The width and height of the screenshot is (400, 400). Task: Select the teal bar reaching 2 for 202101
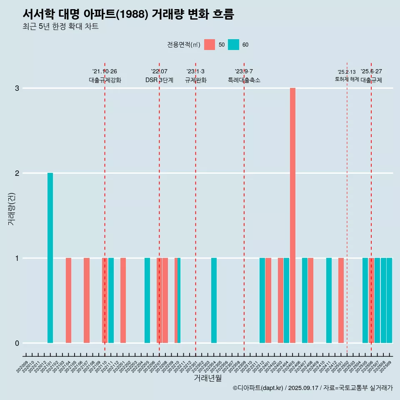[x=50, y=258]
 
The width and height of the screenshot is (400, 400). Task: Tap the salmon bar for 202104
[x=68, y=300]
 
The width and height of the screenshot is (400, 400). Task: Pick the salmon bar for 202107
[x=87, y=300]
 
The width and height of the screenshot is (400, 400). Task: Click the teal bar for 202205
[x=147, y=300]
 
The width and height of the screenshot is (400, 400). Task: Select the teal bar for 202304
[x=214, y=300]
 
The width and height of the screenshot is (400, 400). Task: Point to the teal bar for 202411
[x=329, y=300]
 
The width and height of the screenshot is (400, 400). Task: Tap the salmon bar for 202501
[x=341, y=300]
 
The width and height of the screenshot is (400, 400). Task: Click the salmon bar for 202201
[x=123, y=300]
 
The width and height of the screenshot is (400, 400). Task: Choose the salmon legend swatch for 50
[x=210, y=45]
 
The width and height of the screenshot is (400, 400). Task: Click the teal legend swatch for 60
[x=233, y=45]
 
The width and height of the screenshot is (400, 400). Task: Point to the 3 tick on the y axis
[x=17, y=88]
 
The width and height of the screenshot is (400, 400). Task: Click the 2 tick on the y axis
[x=17, y=173]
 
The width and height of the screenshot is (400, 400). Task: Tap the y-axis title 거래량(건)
[x=11, y=208]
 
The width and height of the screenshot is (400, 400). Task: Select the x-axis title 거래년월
[x=207, y=378]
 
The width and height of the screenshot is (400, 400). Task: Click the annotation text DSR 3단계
[x=159, y=80]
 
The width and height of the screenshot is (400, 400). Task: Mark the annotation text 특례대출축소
[x=244, y=80]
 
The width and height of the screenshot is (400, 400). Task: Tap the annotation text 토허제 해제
[x=347, y=79]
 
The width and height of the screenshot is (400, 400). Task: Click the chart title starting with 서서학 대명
[x=128, y=15]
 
